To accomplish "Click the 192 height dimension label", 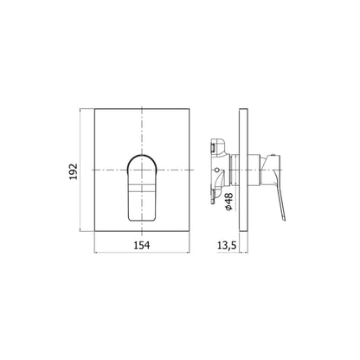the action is (x=74, y=171).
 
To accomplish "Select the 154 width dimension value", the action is (x=142, y=245).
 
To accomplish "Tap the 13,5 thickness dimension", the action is (x=227, y=245).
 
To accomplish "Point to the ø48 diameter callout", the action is (x=229, y=202).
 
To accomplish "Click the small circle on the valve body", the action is (x=217, y=169).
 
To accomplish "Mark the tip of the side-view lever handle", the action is (x=285, y=221).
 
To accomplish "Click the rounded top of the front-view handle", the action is (x=142, y=156).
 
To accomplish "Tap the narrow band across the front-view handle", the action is (x=142, y=188).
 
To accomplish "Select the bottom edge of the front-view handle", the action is (x=142, y=222).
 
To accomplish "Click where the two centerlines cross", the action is (x=142, y=170).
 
